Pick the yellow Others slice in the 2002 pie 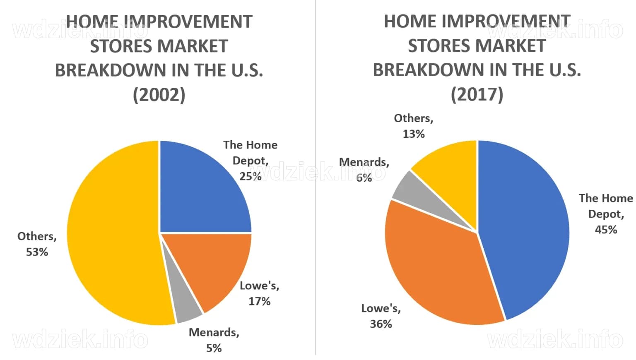112,236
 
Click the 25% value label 250,176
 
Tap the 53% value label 37,252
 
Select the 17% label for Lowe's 259,301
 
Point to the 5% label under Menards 214,348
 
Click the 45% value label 606,230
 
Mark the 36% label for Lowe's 381,324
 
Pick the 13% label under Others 413,134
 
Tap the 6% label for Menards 364,178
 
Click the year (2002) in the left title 159,95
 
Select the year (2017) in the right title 477,94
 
